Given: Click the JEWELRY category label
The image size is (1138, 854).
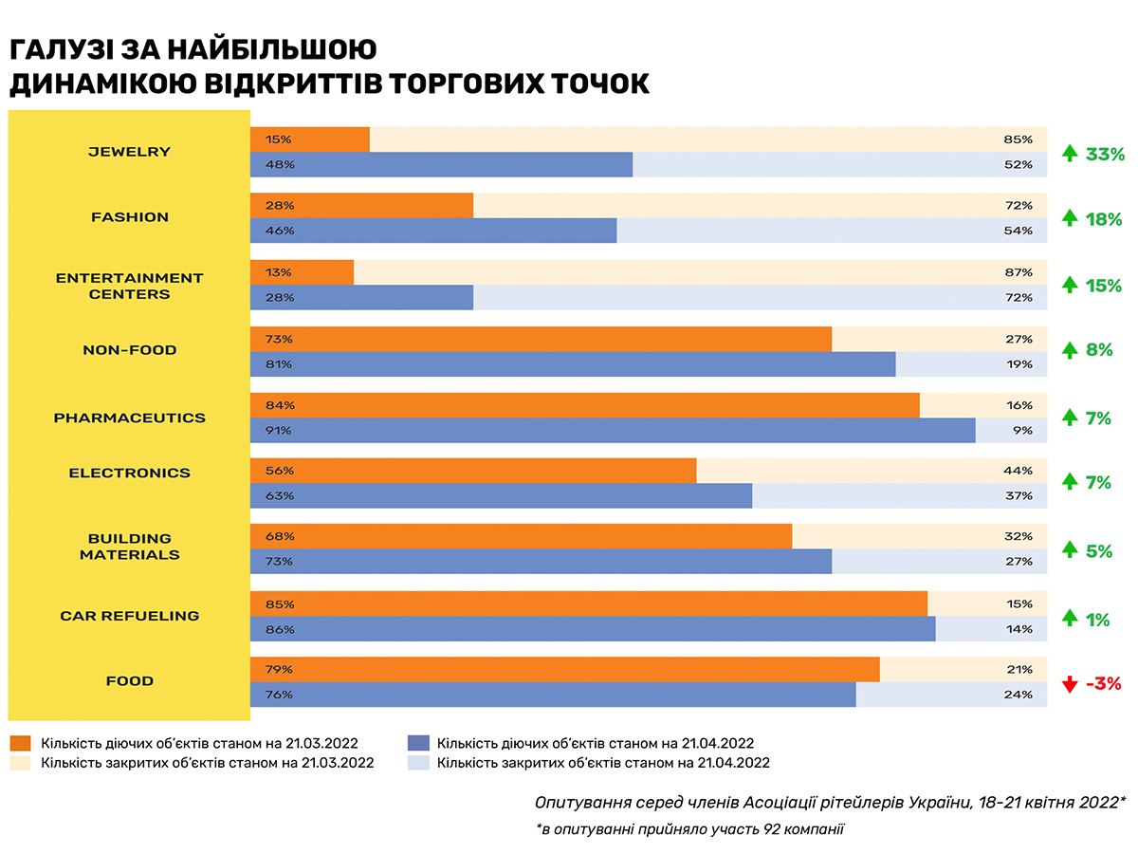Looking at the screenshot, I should click(129, 152).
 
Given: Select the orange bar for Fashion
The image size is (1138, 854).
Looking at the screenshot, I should click(361, 206).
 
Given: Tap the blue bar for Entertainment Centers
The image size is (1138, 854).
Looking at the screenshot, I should click(361, 297).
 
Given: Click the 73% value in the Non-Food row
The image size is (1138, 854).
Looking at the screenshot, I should click(280, 339).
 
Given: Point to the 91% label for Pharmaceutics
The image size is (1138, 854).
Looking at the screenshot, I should click(280, 430).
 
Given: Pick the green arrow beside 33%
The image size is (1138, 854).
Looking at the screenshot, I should click(1070, 154).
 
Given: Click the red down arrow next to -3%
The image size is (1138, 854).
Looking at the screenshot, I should click(1070, 683).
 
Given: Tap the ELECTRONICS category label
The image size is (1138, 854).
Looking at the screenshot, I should click(129, 473).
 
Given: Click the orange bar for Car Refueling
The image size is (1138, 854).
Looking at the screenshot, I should click(588, 603).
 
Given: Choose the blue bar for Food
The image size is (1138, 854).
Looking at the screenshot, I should click(552, 694).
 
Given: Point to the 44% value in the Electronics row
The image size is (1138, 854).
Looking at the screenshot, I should click(1019, 472).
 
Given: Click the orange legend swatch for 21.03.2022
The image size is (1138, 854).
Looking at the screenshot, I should click(20, 743).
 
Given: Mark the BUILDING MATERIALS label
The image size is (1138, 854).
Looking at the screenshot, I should click(129, 547).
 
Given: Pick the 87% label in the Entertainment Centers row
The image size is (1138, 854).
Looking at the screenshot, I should click(1019, 272).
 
